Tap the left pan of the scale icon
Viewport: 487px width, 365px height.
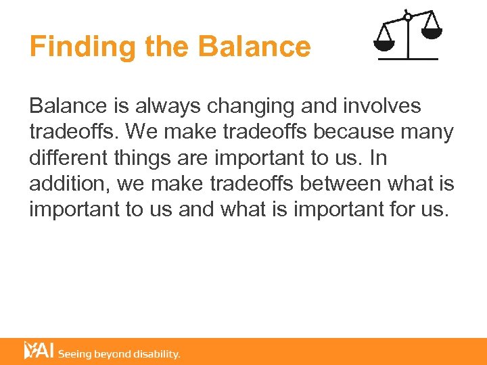pyautogui.click(x=384, y=45)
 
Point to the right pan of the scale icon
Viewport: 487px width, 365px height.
pyautogui.click(x=431, y=31)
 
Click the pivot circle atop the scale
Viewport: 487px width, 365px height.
pyautogui.click(x=407, y=16)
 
